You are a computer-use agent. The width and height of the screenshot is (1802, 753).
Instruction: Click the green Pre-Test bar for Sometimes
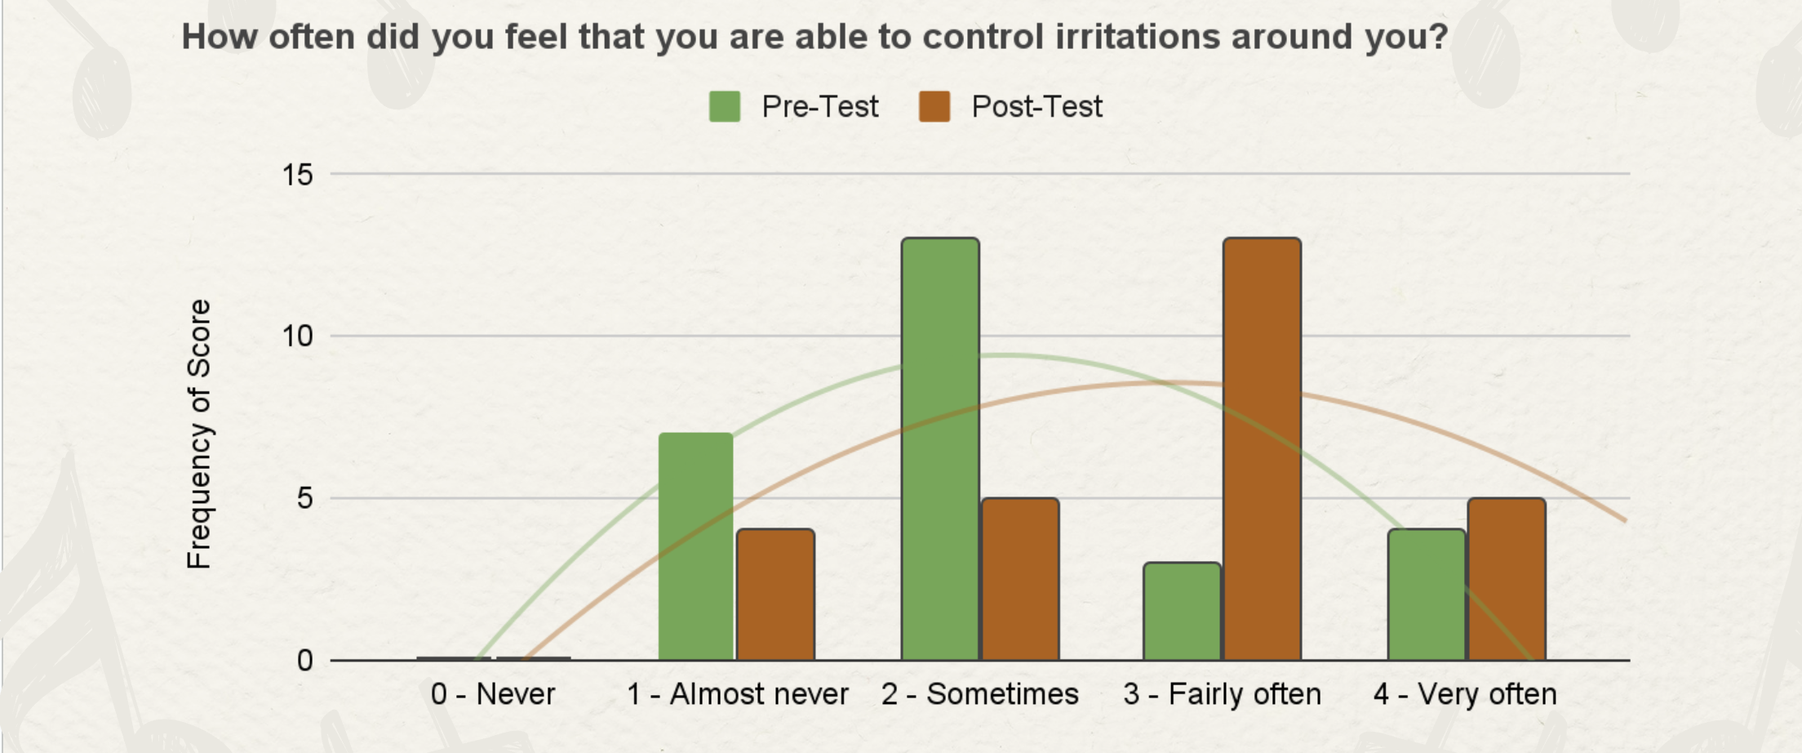click(x=940, y=448)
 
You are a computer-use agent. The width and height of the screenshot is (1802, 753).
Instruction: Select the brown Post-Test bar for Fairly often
click(x=1262, y=448)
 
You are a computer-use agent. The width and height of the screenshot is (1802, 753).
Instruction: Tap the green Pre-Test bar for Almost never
click(x=695, y=546)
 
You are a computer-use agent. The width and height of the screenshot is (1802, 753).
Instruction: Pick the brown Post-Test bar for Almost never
click(x=775, y=595)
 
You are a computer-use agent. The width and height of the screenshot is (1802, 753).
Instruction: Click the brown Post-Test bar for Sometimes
click(x=1020, y=579)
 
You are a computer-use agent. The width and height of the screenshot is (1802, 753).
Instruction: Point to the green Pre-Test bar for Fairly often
click(x=1182, y=611)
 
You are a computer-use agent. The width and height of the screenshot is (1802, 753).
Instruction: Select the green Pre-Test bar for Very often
click(x=1427, y=595)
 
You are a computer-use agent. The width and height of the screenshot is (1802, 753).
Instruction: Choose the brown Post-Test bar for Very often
click(x=1507, y=579)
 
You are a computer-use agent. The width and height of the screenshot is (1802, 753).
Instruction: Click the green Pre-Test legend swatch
click(x=725, y=106)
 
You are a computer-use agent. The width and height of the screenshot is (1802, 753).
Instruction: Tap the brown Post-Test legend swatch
click(x=934, y=106)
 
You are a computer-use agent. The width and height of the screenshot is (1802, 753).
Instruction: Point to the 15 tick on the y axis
click(x=298, y=174)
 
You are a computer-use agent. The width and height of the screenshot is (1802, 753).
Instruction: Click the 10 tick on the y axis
click(x=298, y=336)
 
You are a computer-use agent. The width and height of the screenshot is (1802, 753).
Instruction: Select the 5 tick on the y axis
click(x=305, y=497)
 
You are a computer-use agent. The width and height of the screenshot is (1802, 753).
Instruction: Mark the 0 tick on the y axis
click(x=305, y=660)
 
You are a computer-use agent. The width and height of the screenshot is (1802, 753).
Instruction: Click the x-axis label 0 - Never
click(x=493, y=694)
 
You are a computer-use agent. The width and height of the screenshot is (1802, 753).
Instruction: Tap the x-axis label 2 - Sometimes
click(x=980, y=694)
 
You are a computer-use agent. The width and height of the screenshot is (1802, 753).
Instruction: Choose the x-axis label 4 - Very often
click(x=1465, y=695)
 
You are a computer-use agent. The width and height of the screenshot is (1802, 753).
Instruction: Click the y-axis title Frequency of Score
click(x=199, y=434)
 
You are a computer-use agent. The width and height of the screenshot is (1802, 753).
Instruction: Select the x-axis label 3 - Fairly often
click(x=1223, y=695)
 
